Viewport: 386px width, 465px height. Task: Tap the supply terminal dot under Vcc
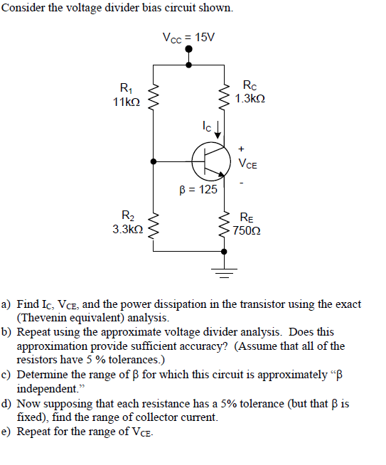point(188,50)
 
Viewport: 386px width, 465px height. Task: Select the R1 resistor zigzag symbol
point(153,95)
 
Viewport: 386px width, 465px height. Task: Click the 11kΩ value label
point(127,102)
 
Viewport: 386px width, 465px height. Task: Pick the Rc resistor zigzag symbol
point(226,95)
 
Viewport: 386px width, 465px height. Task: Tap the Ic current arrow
point(218,129)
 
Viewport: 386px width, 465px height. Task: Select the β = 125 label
point(198,190)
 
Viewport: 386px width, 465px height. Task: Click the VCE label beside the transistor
point(247,165)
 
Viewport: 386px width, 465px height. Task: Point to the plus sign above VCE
point(242,149)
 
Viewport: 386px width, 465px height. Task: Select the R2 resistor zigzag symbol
point(153,225)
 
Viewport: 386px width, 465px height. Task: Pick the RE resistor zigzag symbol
point(226,225)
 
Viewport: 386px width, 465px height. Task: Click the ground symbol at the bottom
point(226,272)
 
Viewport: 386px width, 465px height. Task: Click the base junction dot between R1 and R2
point(153,162)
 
